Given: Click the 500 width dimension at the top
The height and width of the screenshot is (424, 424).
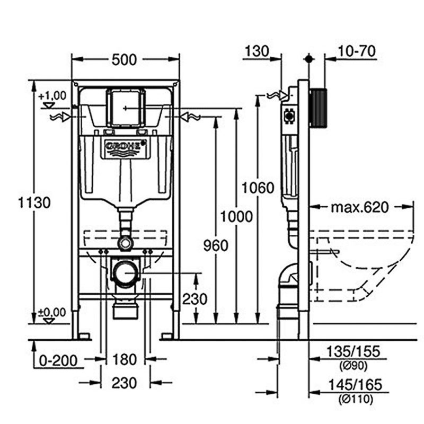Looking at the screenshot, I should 125,60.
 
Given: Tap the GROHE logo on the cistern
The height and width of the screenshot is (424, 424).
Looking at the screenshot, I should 126,146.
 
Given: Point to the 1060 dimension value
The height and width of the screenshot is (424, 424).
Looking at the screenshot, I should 258,188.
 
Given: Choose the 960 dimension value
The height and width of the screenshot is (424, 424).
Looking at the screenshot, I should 215,245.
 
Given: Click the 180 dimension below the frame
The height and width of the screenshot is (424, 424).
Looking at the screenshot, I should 125,360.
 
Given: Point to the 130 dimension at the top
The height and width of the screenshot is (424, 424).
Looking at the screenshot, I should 257,51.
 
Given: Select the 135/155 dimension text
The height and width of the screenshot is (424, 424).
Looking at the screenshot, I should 354,351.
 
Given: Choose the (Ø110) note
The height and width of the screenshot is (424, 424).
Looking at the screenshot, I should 354,399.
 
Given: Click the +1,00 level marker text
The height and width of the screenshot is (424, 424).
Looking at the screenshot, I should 52,95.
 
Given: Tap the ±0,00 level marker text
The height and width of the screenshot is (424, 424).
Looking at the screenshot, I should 52,312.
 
